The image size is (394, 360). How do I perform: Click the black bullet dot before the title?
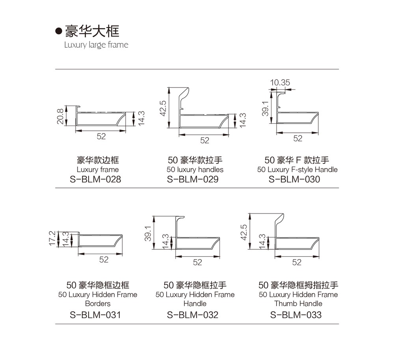point(59,31)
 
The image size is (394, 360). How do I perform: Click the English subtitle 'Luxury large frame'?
point(96,45)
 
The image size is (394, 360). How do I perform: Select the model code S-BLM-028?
point(95,179)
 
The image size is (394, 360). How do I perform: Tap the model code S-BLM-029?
point(193,179)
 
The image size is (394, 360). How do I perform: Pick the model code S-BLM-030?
point(294,179)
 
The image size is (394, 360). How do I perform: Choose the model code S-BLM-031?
point(95,315)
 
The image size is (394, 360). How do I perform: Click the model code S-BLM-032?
point(193,315)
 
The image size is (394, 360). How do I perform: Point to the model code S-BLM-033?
point(296,315)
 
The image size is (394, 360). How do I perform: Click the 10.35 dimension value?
point(280,82)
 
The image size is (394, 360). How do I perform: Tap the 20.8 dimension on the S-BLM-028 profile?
point(60,116)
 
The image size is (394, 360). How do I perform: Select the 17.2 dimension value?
point(52,238)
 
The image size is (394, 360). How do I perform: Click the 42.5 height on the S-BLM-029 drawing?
point(163,108)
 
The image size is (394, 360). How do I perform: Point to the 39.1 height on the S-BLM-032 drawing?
point(148,234)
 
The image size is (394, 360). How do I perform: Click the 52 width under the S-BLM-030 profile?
point(298,138)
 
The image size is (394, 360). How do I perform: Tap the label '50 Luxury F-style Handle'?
point(297,170)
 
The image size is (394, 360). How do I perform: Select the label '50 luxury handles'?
point(195,170)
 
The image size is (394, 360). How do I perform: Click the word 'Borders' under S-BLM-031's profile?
point(98,303)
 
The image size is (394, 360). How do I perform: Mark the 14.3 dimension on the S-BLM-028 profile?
point(141,118)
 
